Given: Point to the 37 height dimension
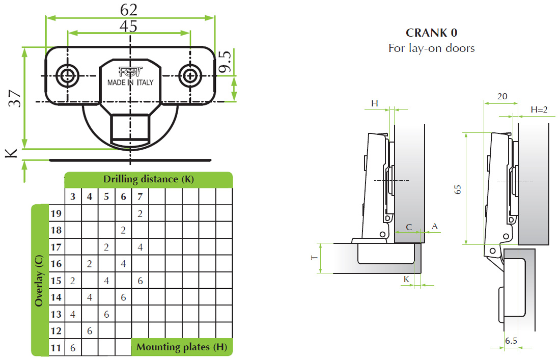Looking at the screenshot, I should click(15, 98).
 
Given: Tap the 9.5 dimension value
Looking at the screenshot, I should click(226, 61).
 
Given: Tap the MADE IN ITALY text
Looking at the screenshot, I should click(130, 82).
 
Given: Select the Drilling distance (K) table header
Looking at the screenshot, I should click(148, 179).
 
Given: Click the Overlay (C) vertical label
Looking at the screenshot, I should click(39, 281).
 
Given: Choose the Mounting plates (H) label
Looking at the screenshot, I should click(182, 347).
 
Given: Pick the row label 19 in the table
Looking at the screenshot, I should click(55, 213).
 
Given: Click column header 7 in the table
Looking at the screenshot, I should click(140, 197).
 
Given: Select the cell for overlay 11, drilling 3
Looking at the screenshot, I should click(73, 348).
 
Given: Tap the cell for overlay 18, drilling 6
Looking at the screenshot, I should click(123, 230).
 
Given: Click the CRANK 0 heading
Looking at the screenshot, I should click(431, 33).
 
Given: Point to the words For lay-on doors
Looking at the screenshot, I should click(431, 48).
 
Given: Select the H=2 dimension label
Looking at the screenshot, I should click(539, 109).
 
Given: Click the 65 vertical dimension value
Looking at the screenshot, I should click(458, 189).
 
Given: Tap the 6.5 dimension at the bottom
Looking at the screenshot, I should click(511, 341).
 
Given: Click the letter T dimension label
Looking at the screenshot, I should click(315, 258).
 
